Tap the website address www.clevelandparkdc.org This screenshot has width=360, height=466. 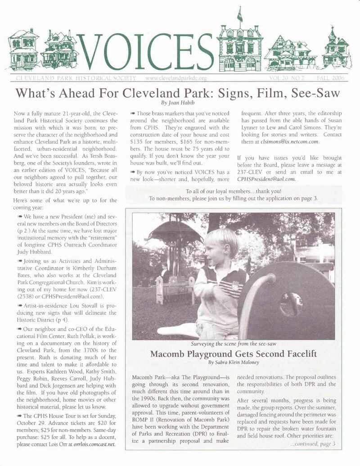176,78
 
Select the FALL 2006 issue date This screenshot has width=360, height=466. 330,78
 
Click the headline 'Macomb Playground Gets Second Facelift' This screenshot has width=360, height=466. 233,353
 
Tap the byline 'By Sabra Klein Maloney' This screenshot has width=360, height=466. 233,362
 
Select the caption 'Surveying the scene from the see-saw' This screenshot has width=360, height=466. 233,344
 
